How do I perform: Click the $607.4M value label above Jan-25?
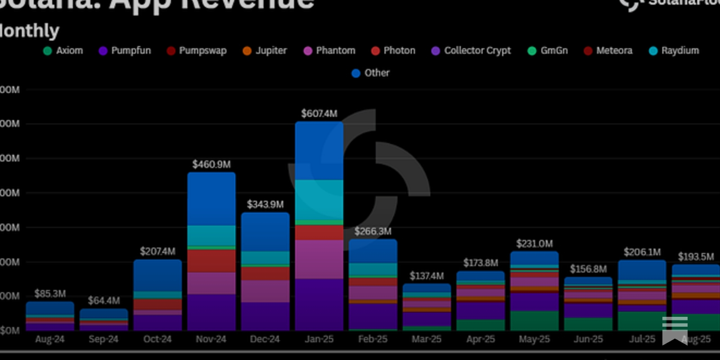coord(319,113)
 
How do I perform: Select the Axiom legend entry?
coord(63,50)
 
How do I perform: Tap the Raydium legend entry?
coord(674,50)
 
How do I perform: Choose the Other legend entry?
coord(371,73)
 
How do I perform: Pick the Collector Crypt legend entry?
coord(471,50)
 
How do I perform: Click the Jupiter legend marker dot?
coord(247,51)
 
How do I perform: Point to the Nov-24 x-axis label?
coord(211,339)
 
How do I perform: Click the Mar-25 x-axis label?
coord(427,339)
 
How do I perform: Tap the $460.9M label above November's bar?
coord(211,164)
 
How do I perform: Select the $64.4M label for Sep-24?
coord(103,300)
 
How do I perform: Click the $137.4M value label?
coord(427,276)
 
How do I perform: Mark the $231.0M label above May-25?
coord(534,243)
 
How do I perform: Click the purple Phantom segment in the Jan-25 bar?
coord(319,259)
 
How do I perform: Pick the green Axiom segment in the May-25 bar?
coord(534,320)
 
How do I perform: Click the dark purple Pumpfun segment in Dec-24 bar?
coord(265,316)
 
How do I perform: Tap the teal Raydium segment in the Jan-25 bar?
coord(319,199)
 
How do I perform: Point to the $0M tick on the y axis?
coord(10,331)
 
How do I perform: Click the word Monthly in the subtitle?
coord(29,31)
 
